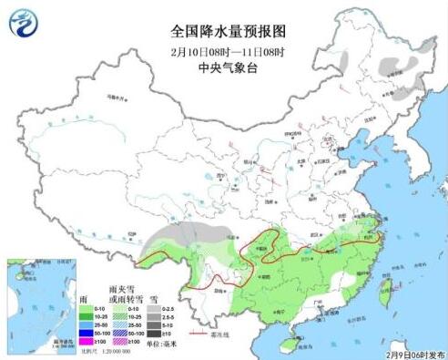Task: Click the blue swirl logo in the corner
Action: [x=25, y=23]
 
